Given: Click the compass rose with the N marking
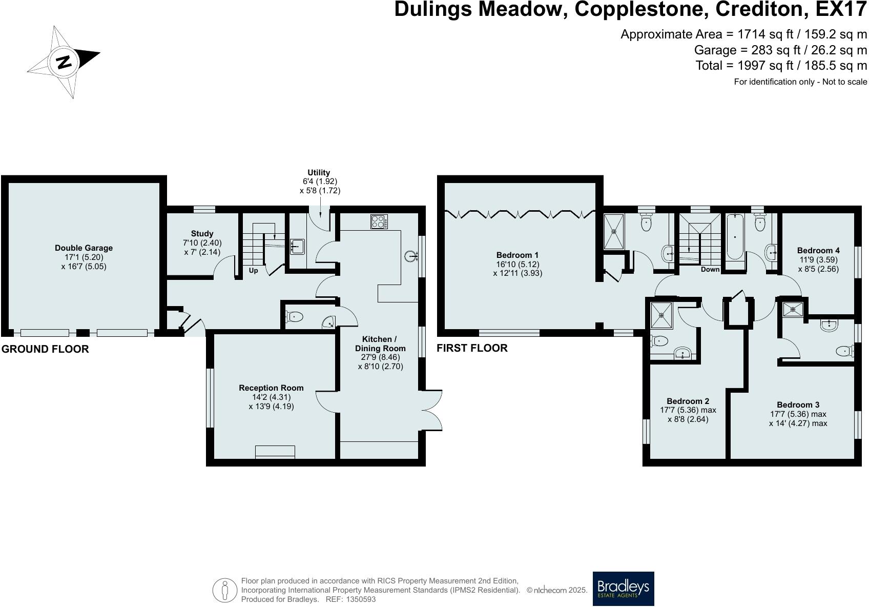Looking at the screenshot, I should [x=63, y=62].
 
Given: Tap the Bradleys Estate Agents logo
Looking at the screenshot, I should [x=623, y=589].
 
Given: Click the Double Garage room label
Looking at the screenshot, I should [x=84, y=248].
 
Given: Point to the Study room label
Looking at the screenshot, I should [x=202, y=234].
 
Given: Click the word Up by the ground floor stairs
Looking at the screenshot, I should [x=253, y=270].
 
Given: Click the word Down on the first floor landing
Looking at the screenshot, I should [x=710, y=269].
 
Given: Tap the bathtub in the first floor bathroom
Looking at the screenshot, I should [x=736, y=237].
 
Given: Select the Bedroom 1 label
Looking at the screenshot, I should [x=518, y=255].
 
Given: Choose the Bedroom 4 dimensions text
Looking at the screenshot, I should [x=818, y=264].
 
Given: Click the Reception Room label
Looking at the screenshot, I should [x=271, y=388].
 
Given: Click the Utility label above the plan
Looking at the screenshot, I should [x=319, y=173].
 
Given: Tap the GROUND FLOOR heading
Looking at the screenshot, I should [x=45, y=349].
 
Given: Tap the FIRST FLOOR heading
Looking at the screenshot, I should [x=472, y=348].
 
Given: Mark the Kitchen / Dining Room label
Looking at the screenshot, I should [x=380, y=343].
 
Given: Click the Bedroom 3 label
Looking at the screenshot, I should [x=798, y=405].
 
